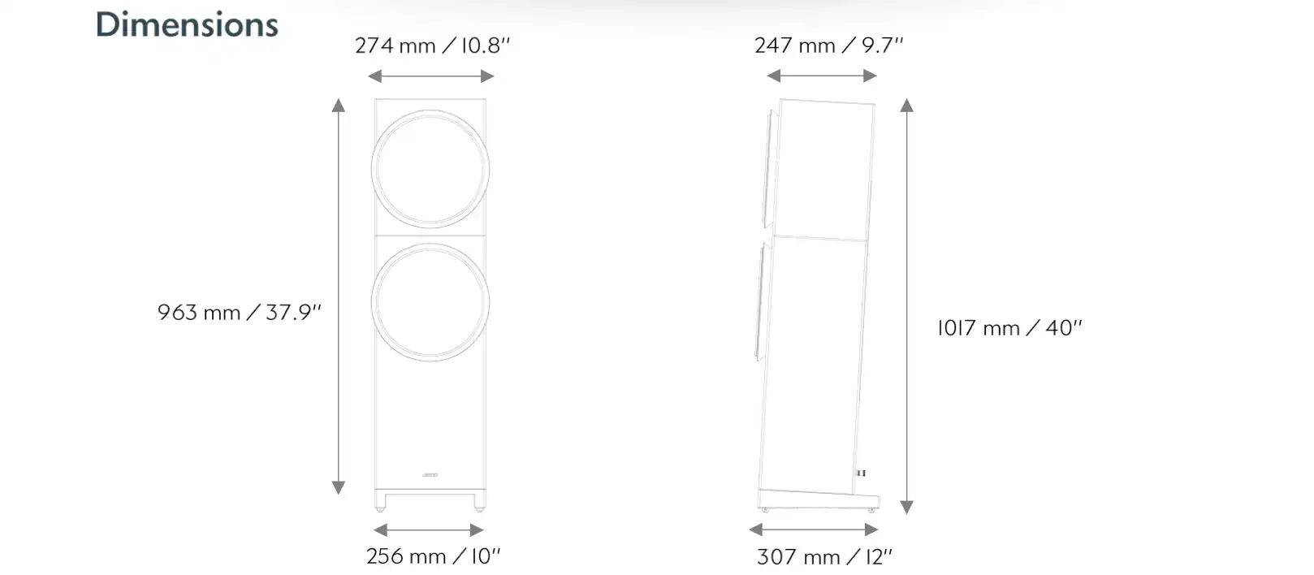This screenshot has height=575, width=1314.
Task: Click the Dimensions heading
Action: tap(187, 24)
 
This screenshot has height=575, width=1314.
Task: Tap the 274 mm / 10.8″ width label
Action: tap(432, 45)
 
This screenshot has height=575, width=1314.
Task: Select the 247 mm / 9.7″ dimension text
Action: tap(828, 45)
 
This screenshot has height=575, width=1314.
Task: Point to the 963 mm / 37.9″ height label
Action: tap(240, 312)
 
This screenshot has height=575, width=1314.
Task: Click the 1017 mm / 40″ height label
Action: tap(1009, 327)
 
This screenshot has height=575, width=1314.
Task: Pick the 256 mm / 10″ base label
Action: tap(433, 556)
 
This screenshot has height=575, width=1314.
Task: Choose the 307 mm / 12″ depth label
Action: tap(823, 556)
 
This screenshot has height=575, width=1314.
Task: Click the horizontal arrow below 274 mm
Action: tap(430, 76)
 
